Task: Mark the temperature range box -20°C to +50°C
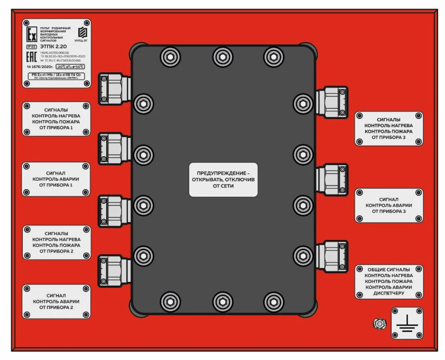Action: click(x=70, y=66)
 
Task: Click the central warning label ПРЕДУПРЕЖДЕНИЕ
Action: click(x=223, y=179)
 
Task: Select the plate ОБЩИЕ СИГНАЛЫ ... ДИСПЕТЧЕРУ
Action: click(x=389, y=281)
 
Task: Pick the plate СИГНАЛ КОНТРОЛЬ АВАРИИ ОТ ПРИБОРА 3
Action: click(x=389, y=205)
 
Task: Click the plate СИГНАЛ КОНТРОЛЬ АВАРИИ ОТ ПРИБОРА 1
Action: click(x=56, y=179)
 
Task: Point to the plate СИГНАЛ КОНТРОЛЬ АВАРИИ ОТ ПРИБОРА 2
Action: click(x=56, y=301)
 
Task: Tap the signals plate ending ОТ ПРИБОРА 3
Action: click(x=389, y=129)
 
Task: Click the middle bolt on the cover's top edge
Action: click(x=222, y=56)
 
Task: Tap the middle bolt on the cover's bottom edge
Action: click(x=222, y=301)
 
